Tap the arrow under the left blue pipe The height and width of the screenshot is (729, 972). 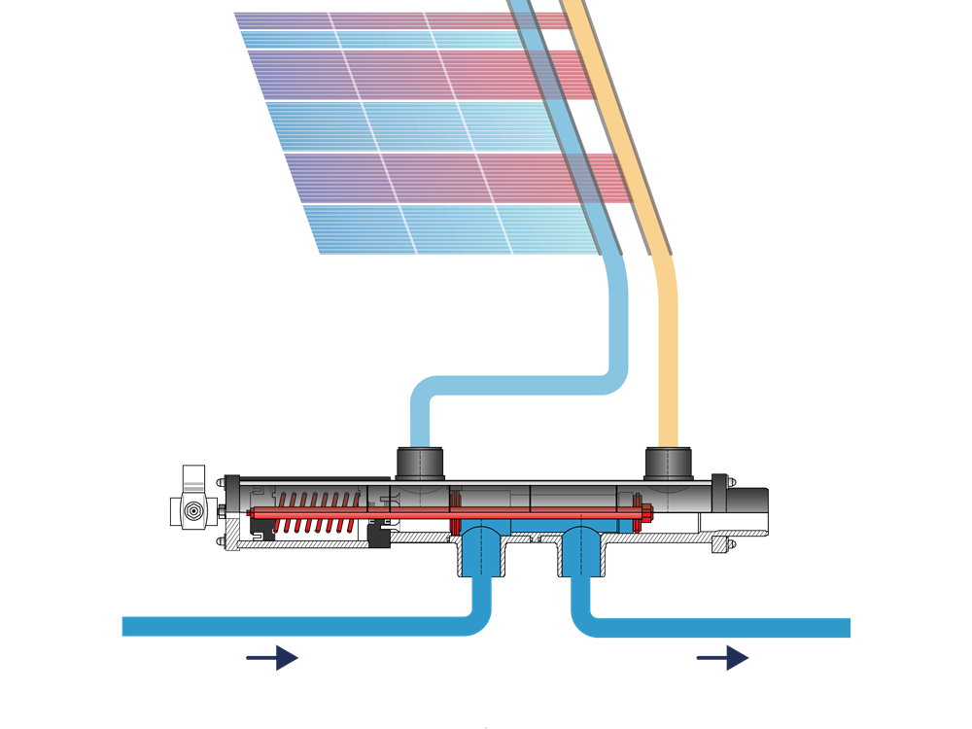coord(273,658)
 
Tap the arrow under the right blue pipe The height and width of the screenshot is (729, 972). coord(723,658)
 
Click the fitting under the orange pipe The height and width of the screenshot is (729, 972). coord(669,463)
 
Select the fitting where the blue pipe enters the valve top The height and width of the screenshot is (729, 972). coord(419,463)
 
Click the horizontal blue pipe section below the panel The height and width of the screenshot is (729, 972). coord(515,381)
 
